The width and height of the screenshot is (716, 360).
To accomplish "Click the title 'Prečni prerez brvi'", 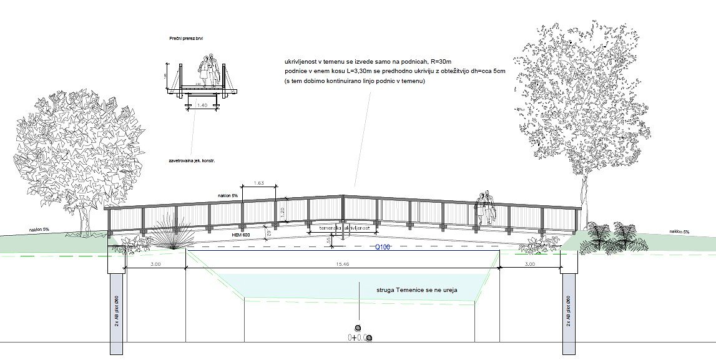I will [186, 39].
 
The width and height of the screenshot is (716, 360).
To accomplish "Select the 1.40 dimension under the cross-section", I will [201, 106].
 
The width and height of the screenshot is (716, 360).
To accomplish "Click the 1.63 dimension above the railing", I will [258, 183].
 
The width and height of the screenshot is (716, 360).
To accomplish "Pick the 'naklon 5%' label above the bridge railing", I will [228, 196].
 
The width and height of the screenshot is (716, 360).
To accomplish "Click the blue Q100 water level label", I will [382, 247].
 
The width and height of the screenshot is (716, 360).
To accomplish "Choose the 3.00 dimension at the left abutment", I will [157, 265].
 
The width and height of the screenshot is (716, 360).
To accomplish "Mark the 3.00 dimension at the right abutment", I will [531, 265].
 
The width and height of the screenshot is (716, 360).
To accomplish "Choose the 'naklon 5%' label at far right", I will [679, 231].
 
